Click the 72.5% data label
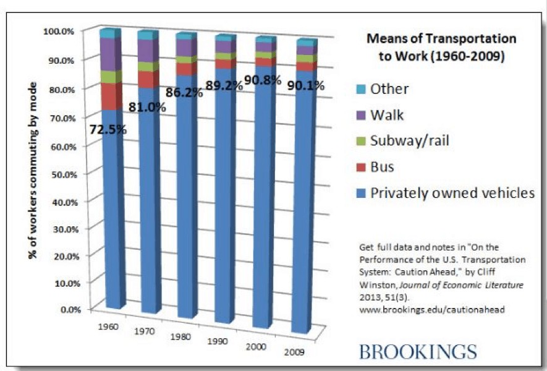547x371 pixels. pyautogui.click(x=109, y=130)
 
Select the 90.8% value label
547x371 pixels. pyautogui.click(x=263, y=80)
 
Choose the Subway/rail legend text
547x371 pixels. pyautogui.click(x=409, y=141)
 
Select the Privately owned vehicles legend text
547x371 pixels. pyautogui.click(x=452, y=193)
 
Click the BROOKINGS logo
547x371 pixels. pyautogui.click(x=418, y=352)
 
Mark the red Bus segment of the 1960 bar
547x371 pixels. pyautogui.click(x=111, y=96)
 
